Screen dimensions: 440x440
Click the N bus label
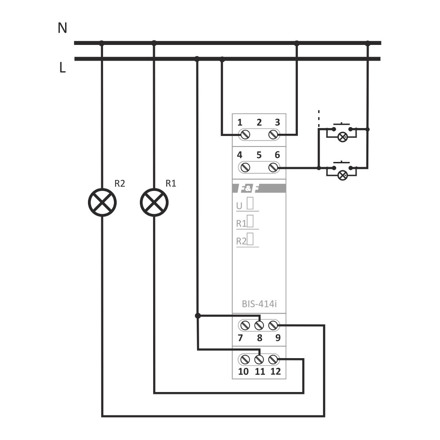point(62,29)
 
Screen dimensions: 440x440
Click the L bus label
point(62,68)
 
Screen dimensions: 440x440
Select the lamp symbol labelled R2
point(102,202)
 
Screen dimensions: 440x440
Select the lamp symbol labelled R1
point(154,202)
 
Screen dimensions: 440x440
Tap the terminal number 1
point(240,122)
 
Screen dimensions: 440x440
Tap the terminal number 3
point(277,122)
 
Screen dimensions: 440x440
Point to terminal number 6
point(277,155)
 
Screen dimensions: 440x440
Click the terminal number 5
point(259,155)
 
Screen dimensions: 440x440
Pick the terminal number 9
point(278,338)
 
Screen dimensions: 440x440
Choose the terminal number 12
point(275,371)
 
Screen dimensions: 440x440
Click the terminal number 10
point(243,371)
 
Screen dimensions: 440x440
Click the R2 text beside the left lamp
point(120,184)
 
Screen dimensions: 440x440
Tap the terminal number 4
point(240,155)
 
